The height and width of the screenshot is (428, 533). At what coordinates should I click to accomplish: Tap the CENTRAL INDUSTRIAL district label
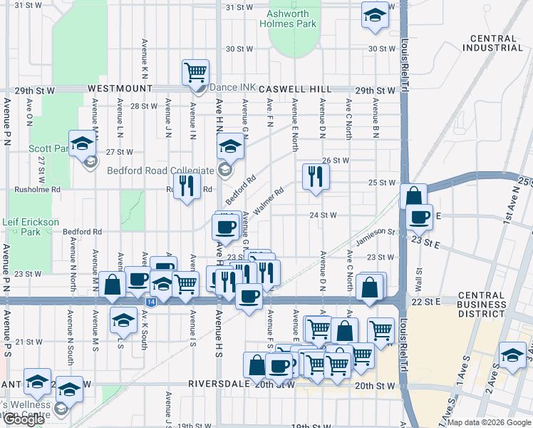click(492, 43)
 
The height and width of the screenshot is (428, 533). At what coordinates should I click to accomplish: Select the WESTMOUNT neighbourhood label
click(120, 88)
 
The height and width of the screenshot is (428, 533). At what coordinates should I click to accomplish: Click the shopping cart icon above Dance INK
click(195, 72)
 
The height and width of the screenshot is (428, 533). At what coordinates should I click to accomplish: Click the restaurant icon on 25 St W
click(315, 176)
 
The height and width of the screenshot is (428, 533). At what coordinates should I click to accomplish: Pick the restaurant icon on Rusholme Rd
click(187, 185)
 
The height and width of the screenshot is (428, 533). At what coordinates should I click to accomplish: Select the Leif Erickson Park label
click(30, 227)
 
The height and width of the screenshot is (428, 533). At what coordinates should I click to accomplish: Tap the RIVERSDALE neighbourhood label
click(220, 383)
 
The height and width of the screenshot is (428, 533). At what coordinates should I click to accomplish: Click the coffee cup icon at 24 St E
click(420, 216)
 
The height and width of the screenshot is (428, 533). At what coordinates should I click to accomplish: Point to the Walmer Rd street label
click(268, 202)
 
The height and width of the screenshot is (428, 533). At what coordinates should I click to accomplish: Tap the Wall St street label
click(419, 276)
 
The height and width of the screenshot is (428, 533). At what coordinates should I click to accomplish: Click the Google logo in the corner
click(24, 419)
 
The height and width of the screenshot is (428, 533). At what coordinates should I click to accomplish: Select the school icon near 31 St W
click(374, 15)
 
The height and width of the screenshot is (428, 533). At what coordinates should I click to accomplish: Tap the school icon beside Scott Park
click(83, 143)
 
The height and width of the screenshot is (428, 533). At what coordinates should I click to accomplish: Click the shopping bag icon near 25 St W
click(413, 195)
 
